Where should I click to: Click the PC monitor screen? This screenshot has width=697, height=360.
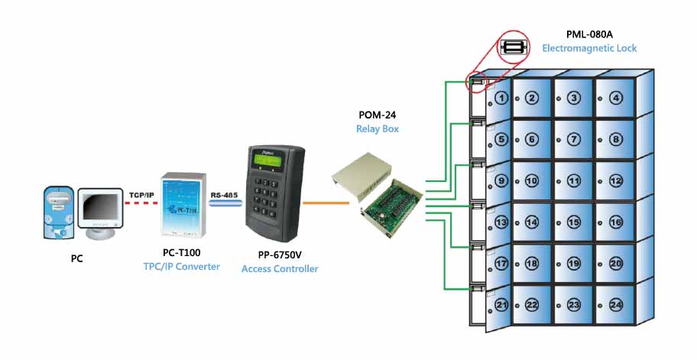(x=101, y=208)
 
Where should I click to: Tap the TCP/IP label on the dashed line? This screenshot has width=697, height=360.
(x=141, y=195)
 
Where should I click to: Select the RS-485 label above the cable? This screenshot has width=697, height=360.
(x=225, y=195)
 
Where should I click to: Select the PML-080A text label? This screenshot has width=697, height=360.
(x=588, y=34)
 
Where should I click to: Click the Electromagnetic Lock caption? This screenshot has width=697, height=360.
(x=589, y=48)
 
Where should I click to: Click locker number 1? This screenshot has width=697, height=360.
(x=501, y=98)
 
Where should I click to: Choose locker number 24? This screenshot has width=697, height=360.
(x=616, y=304)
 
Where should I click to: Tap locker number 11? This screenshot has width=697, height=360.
(x=574, y=181)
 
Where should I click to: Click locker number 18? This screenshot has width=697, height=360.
(x=532, y=263)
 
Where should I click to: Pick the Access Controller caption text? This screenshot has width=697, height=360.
(x=280, y=268)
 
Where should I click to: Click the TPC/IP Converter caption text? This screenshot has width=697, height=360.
(x=182, y=266)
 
